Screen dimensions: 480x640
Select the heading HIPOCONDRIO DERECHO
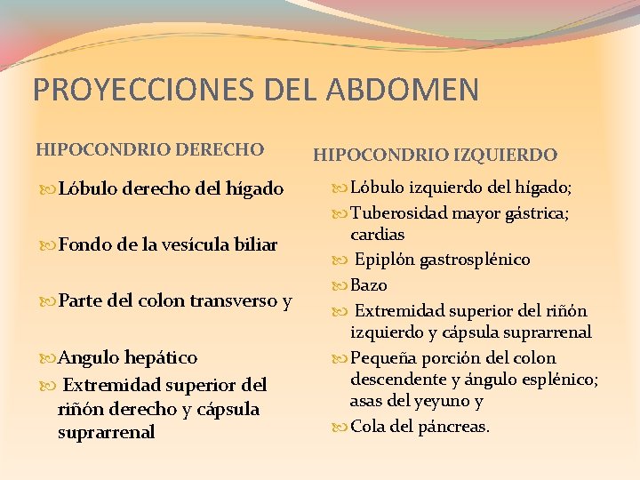[149, 149]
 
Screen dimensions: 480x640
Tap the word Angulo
[89, 357]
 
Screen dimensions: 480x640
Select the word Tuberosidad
[400, 213]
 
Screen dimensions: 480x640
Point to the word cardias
[378, 235]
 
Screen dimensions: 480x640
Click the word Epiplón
[386, 260]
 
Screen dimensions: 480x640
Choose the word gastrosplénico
[476, 260]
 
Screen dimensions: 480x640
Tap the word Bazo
[369, 285]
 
